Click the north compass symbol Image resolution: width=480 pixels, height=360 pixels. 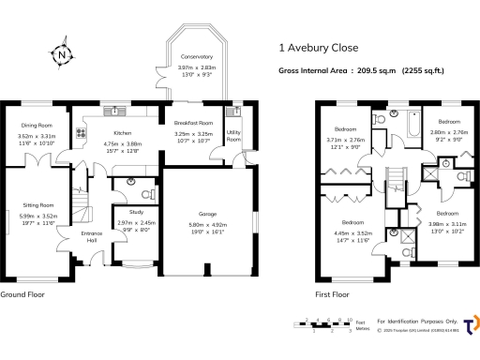62,55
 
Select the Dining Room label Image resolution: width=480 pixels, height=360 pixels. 37,125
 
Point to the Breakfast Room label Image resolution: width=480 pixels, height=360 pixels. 192,123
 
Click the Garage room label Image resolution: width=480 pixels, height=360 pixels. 208,213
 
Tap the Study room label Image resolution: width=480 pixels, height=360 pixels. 136,212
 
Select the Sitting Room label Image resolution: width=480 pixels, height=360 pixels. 38,204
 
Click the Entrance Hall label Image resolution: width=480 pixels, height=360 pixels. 91,234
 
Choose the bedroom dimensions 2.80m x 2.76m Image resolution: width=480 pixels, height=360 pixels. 448,133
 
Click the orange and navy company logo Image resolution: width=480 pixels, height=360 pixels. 471,322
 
